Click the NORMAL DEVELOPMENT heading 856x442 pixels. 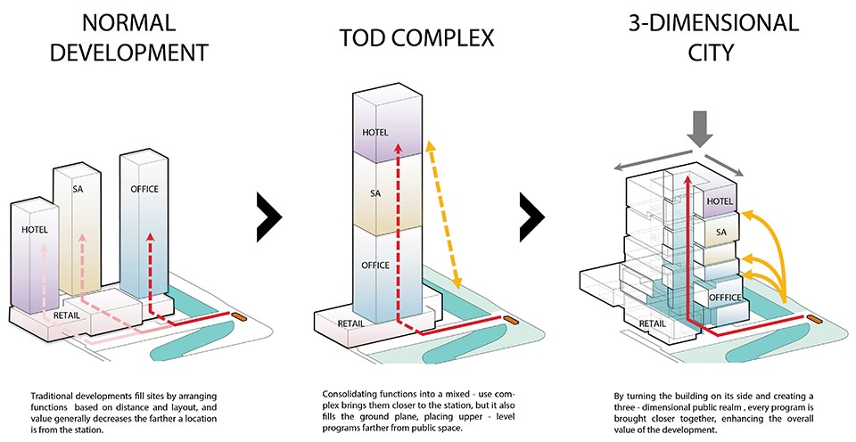click(129, 37)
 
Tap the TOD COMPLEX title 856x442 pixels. click(416, 38)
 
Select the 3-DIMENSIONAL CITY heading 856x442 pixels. click(713, 37)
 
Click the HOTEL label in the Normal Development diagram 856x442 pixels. click(35, 230)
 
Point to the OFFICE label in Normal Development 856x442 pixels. click(144, 189)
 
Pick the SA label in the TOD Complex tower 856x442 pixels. click(375, 193)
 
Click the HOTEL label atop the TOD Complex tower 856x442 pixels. click(375, 133)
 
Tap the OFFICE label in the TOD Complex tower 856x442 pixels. click(375, 266)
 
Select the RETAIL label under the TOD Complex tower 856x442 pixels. click(351, 323)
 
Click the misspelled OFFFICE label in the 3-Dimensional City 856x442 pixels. click(726, 298)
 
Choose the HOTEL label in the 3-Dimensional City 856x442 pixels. click(720, 201)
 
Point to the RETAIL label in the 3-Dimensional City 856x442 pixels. click(653, 323)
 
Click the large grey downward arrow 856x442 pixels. click(699, 128)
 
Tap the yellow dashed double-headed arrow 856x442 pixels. click(444, 214)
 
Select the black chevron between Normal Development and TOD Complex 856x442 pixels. click(269, 217)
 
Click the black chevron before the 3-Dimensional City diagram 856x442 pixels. click(532, 217)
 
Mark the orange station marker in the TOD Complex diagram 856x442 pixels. click(510, 320)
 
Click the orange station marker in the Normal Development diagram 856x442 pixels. click(239, 316)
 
